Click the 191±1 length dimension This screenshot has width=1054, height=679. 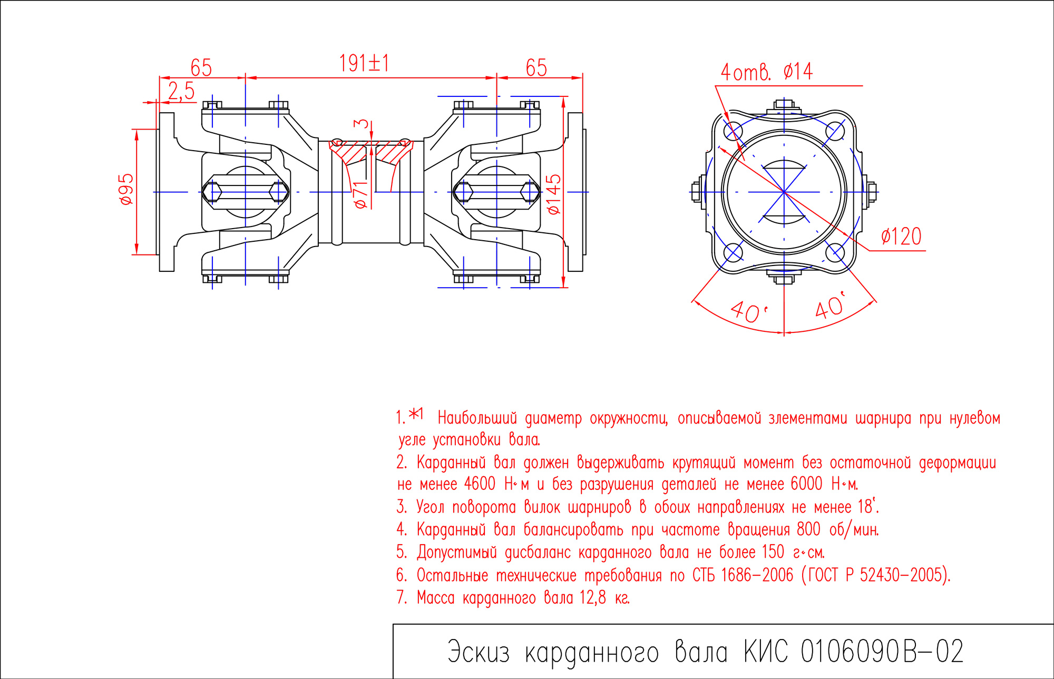point(364,64)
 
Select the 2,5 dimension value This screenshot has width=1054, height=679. point(181,91)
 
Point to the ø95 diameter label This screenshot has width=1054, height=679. point(126,189)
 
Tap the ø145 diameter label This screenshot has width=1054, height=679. point(554,194)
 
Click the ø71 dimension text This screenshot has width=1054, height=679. point(360,194)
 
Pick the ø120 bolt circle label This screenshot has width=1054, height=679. point(901,237)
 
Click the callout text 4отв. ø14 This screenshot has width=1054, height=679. point(767,72)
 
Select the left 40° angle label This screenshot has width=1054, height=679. point(748,312)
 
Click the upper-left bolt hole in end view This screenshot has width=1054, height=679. point(733,131)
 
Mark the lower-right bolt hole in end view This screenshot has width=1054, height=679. point(835,253)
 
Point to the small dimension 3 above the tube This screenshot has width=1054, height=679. point(361,124)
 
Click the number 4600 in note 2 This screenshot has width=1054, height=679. point(480,484)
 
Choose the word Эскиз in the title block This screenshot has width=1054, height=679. point(479,652)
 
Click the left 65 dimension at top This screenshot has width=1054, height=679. point(201,68)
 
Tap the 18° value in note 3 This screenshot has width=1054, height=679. point(867,507)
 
